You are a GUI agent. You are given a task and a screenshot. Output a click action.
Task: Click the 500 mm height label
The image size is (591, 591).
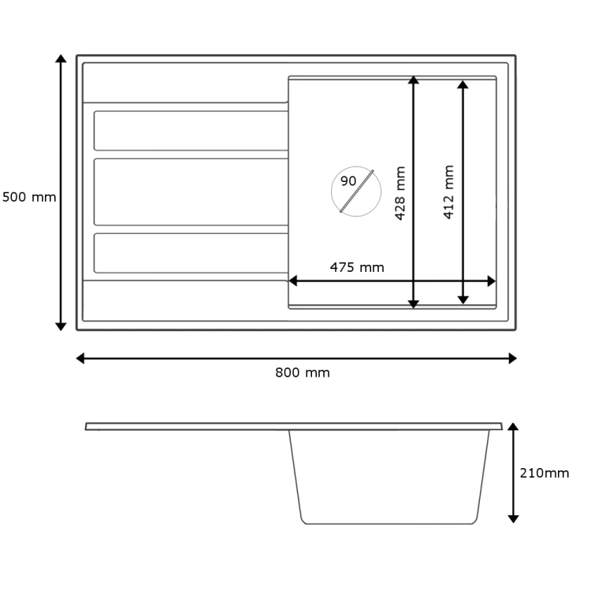pyautogui.click(x=29, y=197)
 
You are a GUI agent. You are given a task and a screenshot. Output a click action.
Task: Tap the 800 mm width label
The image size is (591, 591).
pyautogui.click(x=303, y=373)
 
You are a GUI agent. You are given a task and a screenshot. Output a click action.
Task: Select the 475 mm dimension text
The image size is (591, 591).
pyautogui.click(x=357, y=268)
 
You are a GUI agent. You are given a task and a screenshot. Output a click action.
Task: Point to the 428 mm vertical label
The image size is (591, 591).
pyautogui.click(x=400, y=193)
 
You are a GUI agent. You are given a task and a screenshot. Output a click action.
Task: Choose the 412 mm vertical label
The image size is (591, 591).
pyautogui.click(x=448, y=191)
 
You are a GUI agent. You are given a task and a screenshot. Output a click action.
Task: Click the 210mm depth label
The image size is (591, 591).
pyautogui.click(x=545, y=473)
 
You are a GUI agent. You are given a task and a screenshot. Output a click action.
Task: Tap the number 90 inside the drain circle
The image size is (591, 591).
pyautogui.click(x=348, y=181)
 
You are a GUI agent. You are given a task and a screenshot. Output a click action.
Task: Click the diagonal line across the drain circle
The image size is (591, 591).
pyautogui.click(x=356, y=191)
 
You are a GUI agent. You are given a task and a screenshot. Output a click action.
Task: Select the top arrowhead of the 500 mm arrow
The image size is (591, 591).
pyautogui.click(x=61, y=58)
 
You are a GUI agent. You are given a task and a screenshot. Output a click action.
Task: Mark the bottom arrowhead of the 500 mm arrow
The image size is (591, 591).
pyautogui.click(x=61, y=327)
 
